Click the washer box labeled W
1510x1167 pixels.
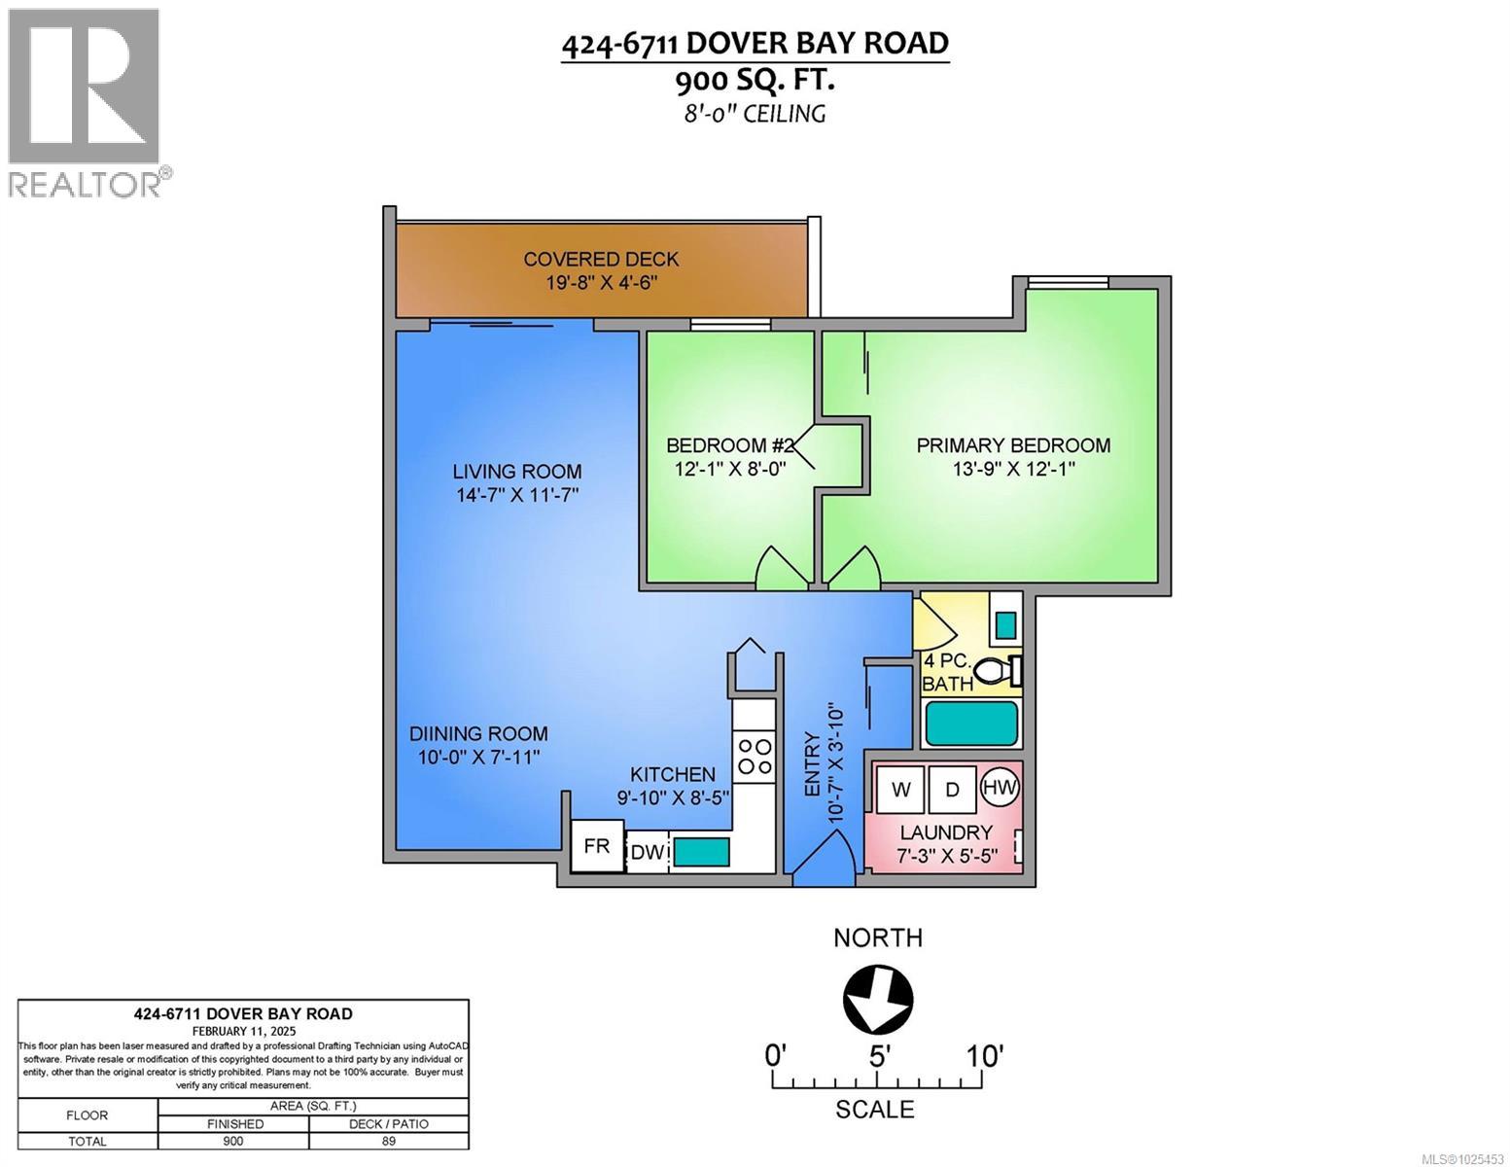coord(901,789)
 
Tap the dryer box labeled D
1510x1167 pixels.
coord(952,789)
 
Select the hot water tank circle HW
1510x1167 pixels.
coord(999,787)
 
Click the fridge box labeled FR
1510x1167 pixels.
coord(597,846)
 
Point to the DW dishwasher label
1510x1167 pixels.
coord(647,853)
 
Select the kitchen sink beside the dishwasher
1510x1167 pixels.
coord(702,853)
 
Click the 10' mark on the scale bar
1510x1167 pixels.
coord(984,1055)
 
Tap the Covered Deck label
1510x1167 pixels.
coord(601,259)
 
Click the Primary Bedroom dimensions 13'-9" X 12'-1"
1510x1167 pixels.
coord(1013,469)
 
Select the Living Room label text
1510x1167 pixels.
coord(517,472)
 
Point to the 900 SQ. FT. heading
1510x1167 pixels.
coord(755,80)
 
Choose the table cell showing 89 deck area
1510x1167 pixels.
coord(389,1141)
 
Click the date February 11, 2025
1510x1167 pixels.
coord(244,1031)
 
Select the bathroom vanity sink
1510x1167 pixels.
coord(1006,622)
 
